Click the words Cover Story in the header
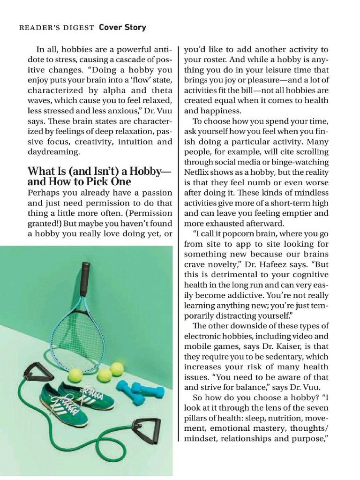(122, 27)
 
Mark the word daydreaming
(54, 152)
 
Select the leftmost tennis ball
(75, 375)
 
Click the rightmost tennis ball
(117, 369)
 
